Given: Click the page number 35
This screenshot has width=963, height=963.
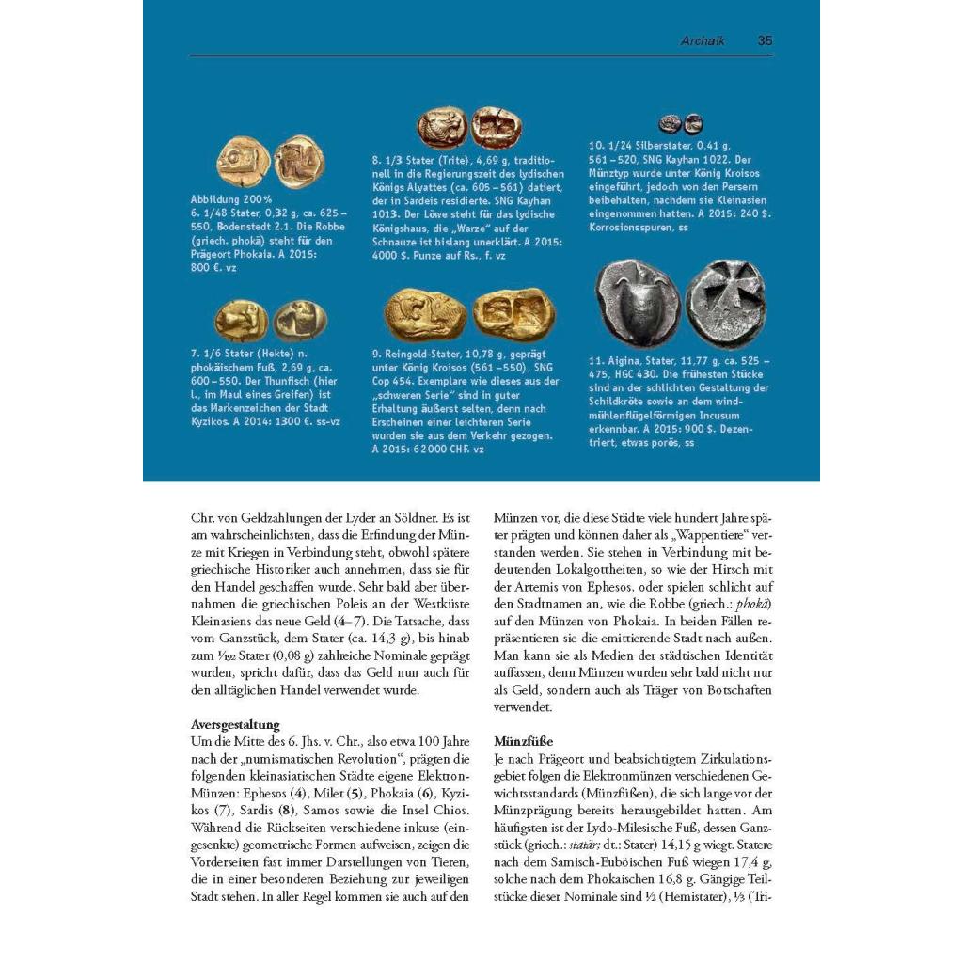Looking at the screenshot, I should click(765, 41).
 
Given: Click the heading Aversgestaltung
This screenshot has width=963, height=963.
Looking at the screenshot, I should click(235, 725).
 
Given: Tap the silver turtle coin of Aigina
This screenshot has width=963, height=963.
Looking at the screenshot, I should click(638, 303).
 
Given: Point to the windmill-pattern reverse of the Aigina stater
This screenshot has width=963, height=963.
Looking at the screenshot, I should click(724, 303).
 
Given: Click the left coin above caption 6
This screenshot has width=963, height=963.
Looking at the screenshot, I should click(244, 161).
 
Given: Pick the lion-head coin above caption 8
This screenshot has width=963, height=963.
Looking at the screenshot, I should click(441, 128).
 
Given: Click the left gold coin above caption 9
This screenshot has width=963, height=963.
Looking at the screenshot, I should click(424, 314).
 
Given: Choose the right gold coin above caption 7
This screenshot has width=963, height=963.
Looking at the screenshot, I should click(299, 320).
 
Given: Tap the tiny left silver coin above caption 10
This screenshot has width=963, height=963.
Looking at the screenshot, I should click(670, 123).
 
